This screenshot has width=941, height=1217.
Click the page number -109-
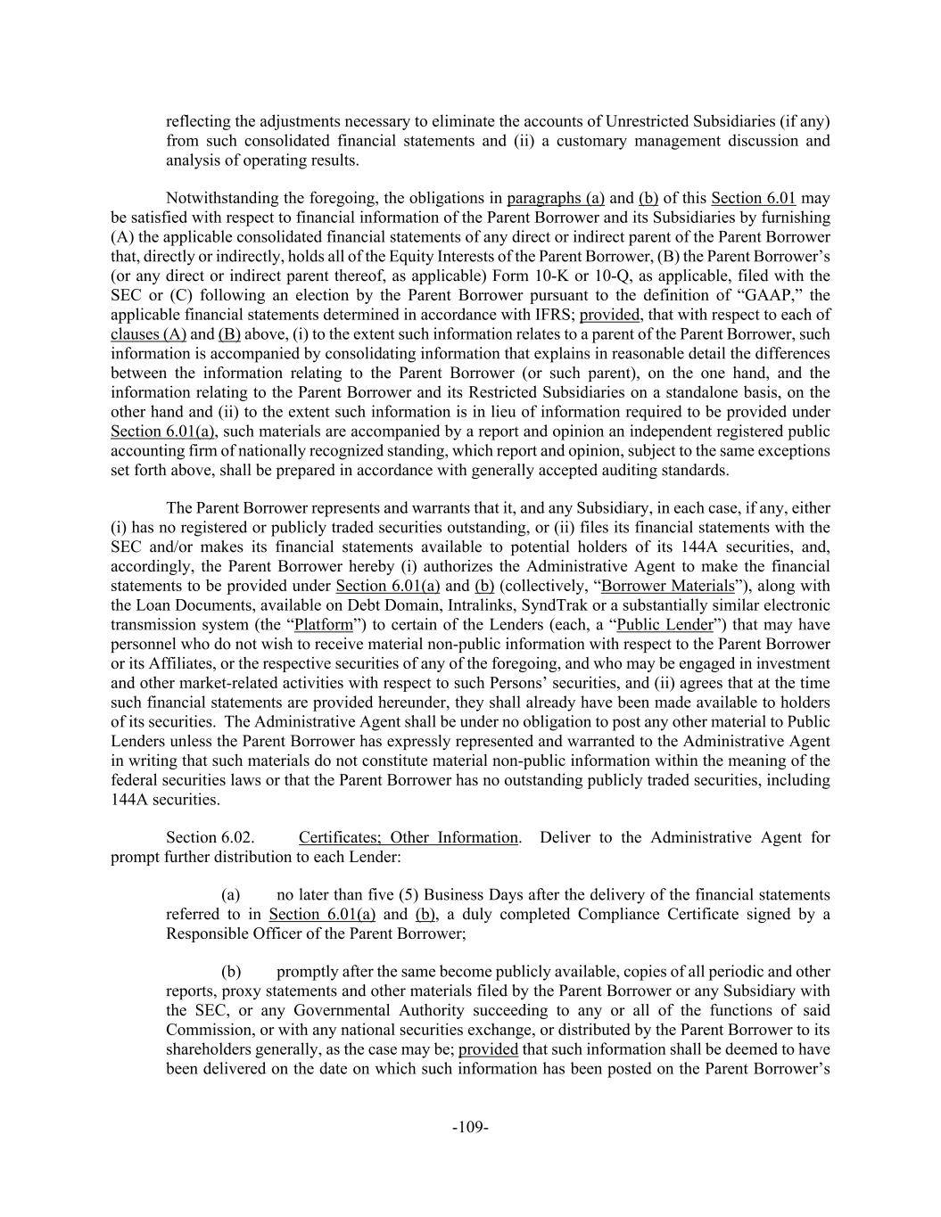pos(470,1127)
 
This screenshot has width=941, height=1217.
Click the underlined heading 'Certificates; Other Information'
pos(408,837)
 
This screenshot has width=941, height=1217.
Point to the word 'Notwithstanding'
pos(216,198)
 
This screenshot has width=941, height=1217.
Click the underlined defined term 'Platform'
pos(324,625)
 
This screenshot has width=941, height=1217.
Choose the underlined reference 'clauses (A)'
pos(148,334)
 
